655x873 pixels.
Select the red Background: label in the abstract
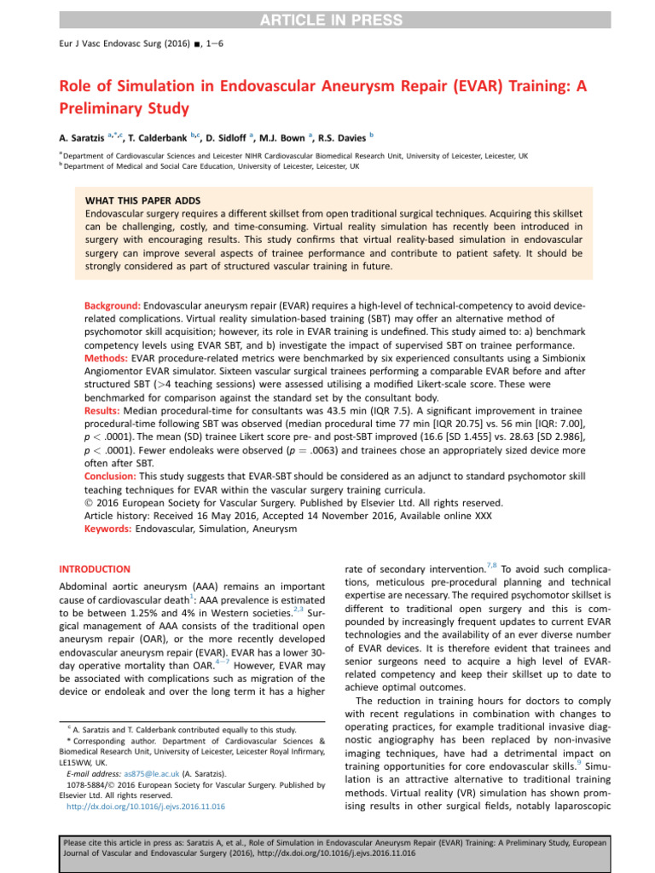coord(113,305)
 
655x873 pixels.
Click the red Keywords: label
coord(109,529)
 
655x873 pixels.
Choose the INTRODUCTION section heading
coord(94,569)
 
